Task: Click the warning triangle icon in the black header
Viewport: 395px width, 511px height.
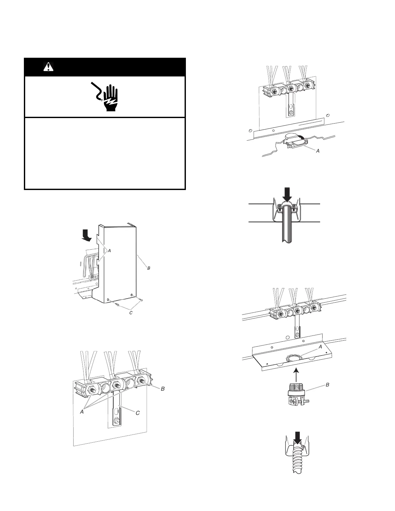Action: pyautogui.click(x=48, y=67)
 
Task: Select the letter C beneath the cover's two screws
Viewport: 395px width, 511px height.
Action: pyautogui.click(x=131, y=313)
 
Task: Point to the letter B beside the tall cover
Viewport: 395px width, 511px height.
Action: pyautogui.click(x=149, y=268)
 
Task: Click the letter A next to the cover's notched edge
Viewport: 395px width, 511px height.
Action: pyautogui.click(x=109, y=250)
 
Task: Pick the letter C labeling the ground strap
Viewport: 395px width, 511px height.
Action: pyautogui.click(x=137, y=413)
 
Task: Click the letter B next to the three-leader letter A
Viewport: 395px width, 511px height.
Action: pyautogui.click(x=163, y=389)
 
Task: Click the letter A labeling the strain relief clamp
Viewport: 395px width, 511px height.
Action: pyautogui.click(x=318, y=150)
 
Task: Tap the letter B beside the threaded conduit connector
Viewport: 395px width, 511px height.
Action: pyautogui.click(x=328, y=385)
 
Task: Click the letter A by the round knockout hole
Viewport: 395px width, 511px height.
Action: pyautogui.click(x=320, y=346)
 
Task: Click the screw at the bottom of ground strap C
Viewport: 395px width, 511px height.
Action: pyautogui.click(x=117, y=421)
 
